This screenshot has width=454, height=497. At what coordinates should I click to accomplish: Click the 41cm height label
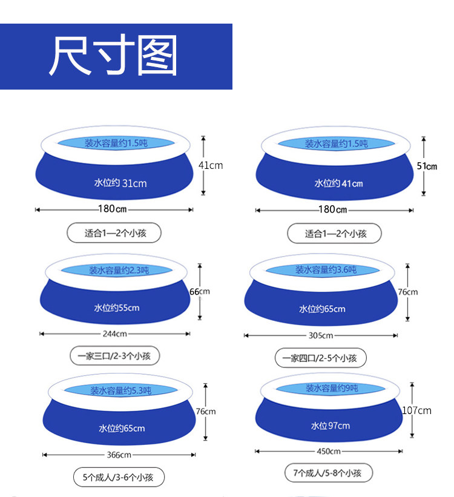point(211,165)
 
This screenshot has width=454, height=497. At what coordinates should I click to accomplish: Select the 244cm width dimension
point(114,334)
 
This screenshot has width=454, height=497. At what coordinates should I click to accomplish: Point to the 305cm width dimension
point(321,335)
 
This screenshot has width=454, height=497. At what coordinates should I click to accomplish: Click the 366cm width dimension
point(119,455)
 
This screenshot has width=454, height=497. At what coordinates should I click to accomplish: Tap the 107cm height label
point(417,410)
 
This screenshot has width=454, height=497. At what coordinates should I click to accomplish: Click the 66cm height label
point(200,291)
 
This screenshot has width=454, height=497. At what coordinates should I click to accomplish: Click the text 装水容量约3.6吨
point(326,269)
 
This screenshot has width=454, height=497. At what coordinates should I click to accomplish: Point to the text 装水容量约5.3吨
point(120,390)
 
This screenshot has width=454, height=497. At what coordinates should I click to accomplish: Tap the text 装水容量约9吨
point(332,388)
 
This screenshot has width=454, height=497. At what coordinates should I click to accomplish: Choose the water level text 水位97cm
point(331,426)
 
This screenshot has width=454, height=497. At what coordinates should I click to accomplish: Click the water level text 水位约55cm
point(116,308)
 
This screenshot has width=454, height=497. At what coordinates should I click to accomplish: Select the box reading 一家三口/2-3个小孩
point(114,357)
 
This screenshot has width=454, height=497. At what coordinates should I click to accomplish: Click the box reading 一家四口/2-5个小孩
point(321,358)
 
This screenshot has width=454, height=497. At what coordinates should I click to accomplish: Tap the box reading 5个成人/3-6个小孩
point(118,477)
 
